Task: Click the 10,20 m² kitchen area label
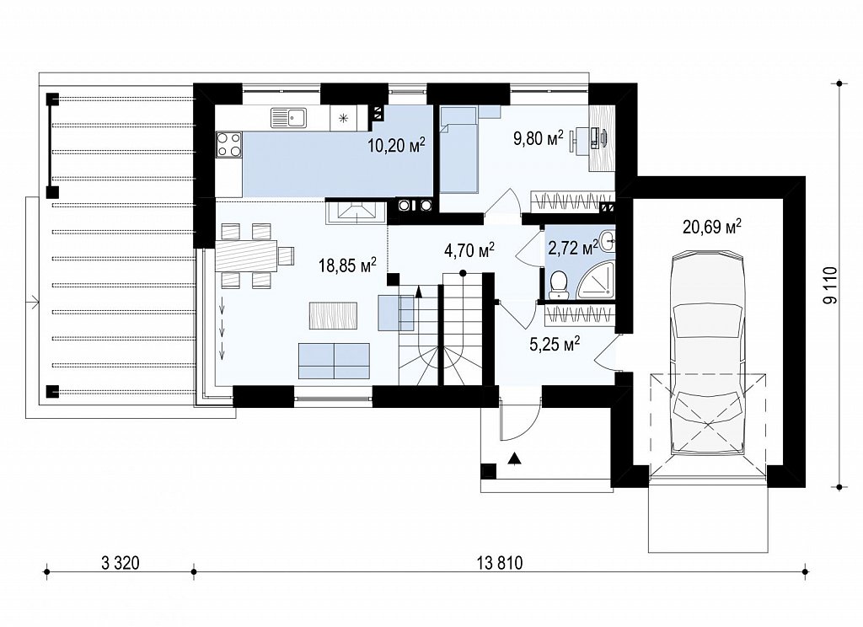[x=396, y=145]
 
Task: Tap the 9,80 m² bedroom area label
[x=539, y=137]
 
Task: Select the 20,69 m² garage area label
[x=711, y=226]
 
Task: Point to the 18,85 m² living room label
[x=347, y=265]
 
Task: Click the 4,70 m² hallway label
[x=469, y=250]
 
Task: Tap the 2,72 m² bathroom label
[x=573, y=248]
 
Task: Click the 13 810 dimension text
[x=500, y=563]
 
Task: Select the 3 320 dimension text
[x=121, y=563]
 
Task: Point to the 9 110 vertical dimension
[x=829, y=285]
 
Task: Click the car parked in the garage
[x=707, y=352]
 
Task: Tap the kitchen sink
[x=289, y=118]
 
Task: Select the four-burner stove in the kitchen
[x=229, y=144]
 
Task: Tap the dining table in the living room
[x=245, y=255]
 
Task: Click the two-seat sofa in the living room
[x=334, y=361]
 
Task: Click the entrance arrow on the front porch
[x=515, y=458]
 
